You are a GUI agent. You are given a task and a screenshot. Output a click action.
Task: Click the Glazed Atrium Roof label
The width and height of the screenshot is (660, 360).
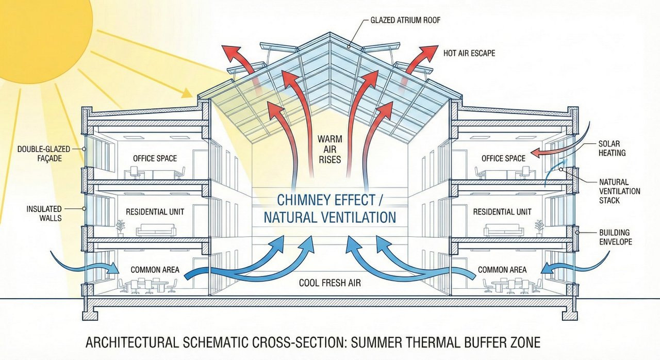point(405,21)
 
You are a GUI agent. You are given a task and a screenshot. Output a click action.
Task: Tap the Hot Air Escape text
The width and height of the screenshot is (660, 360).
point(469,53)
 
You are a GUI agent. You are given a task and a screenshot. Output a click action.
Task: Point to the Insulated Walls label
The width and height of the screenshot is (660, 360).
point(44,214)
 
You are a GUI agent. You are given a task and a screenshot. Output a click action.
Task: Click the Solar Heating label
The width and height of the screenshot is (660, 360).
point(612,148)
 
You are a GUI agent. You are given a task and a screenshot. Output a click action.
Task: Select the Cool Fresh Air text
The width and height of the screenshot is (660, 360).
point(330,283)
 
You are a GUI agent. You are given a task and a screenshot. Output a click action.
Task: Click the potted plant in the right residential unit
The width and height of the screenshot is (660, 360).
point(539,227)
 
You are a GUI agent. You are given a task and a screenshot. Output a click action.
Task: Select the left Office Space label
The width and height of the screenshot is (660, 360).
point(155,158)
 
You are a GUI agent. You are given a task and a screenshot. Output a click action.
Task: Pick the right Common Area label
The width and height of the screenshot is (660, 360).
point(502,270)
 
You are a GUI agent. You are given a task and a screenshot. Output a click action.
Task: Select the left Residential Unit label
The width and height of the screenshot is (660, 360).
point(155,212)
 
